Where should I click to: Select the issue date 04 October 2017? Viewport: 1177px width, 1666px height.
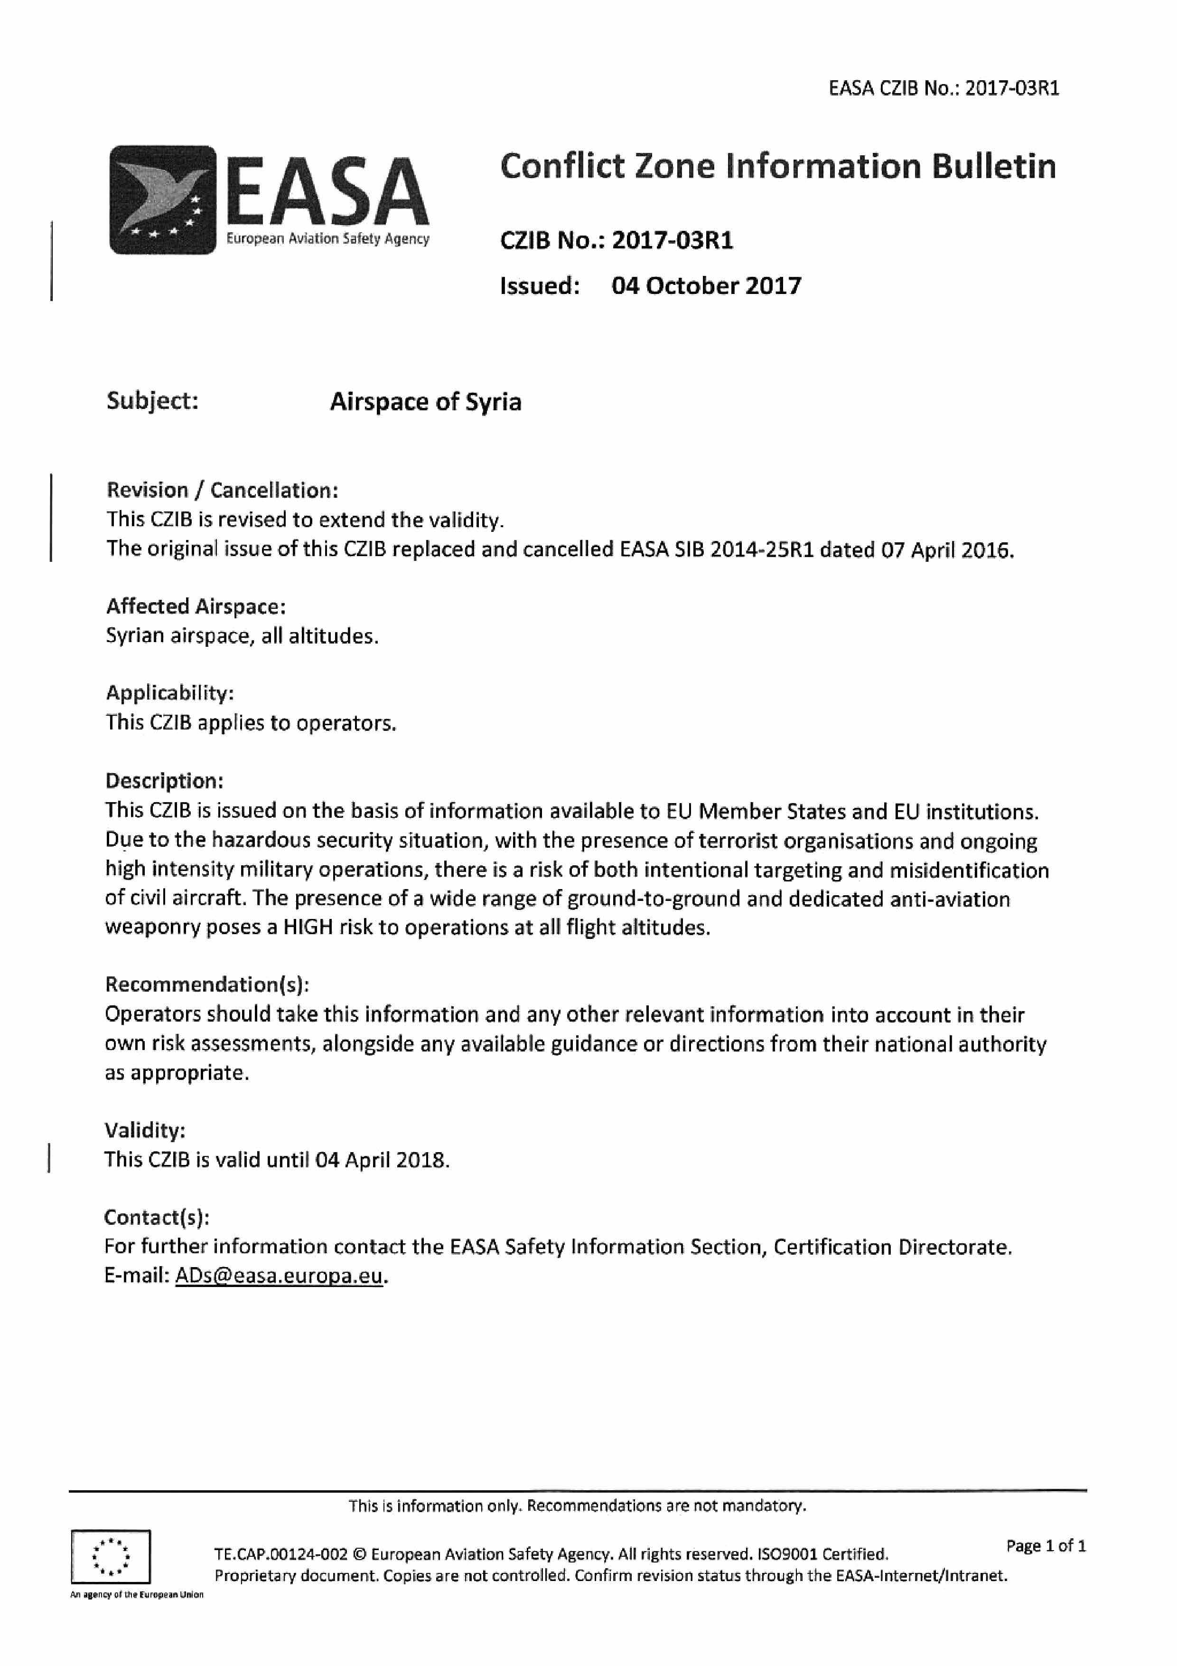click(706, 286)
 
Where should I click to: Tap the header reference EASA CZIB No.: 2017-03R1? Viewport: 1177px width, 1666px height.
click(943, 88)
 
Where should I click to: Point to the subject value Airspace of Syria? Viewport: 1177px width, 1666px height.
click(426, 402)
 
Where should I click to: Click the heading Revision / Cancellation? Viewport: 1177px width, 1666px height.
click(222, 491)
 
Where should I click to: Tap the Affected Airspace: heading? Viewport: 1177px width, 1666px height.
click(196, 606)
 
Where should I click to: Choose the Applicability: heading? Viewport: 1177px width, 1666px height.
click(170, 693)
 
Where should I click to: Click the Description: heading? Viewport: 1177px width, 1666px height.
click(164, 781)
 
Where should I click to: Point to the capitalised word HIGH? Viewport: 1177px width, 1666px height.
click(308, 928)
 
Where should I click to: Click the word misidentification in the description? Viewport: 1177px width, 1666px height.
click(969, 870)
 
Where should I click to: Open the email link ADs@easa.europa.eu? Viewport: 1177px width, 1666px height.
click(279, 1276)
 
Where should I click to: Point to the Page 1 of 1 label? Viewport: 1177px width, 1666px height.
click(1046, 1545)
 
